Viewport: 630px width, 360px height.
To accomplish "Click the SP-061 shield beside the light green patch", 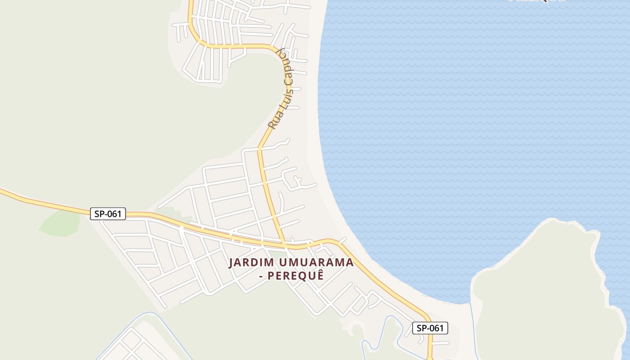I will pos(108,214).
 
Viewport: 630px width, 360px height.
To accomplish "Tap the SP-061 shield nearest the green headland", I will pos(430,328).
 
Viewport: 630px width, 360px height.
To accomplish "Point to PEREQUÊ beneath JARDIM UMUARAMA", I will pos(296,275).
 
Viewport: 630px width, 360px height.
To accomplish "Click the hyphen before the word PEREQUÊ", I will pos(261,275).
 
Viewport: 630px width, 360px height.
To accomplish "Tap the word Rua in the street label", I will pos(274,121).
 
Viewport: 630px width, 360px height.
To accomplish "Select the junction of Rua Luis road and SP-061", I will pos(284,246).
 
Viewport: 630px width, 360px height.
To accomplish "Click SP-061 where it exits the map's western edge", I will pos(2,192).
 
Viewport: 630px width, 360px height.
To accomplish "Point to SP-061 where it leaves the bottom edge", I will pos(430,358).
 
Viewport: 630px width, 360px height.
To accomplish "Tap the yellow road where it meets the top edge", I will pos(191,2).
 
